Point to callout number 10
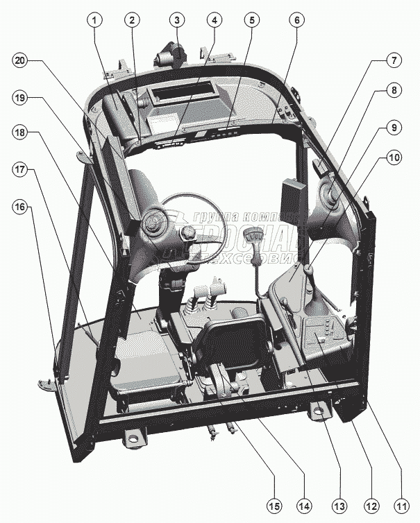394,158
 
